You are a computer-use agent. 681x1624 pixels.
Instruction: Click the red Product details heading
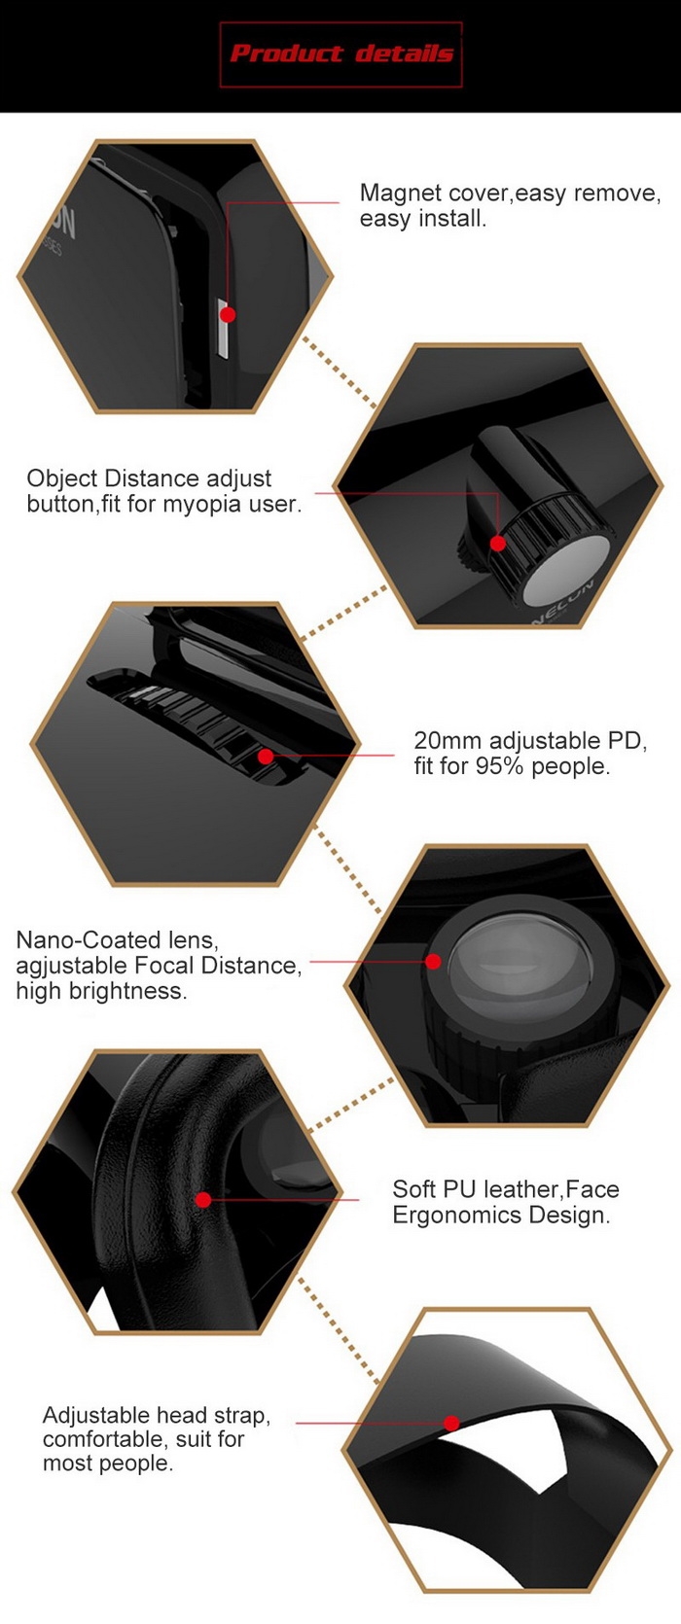point(341,53)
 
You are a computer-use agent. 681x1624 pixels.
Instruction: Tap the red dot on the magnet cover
point(228,314)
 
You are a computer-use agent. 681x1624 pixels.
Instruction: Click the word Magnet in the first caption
point(401,193)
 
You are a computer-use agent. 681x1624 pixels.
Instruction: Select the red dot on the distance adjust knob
point(497,543)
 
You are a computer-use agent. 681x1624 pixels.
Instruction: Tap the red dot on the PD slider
point(266,757)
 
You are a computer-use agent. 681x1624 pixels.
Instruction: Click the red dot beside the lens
point(433,962)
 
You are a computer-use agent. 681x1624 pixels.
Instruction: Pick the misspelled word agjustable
point(71,967)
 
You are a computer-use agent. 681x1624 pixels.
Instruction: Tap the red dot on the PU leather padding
point(203,1200)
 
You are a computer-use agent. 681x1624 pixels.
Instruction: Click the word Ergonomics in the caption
point(457,1216)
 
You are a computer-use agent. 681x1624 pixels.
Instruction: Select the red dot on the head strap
point(451,1423)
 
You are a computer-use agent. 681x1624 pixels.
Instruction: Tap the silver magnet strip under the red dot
point(224,329)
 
